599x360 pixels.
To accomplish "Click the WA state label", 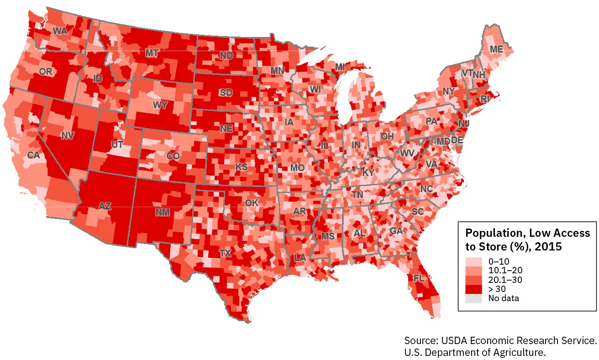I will (x=60, y=31).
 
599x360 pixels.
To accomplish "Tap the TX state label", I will (x=225, y=253).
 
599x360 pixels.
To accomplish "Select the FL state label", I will (x=419, y=278).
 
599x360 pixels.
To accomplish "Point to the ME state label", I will (x=496, y=49).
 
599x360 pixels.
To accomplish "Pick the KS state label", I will (x=241, y=167).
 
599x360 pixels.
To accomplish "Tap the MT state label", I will (x=152, y=53).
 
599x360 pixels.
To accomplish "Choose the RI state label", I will (x=485, y=98).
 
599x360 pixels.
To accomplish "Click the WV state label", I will (x=407, y=153).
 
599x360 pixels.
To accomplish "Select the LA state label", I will (x=300, y=257).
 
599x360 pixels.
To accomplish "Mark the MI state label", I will (x=340, y=67).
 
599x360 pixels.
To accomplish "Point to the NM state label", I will (x=162, y=212).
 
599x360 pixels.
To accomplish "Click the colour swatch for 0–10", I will (x=473, y=262).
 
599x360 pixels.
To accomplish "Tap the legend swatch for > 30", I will (x=473, y=289).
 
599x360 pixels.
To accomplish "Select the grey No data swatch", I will (x=473, y=298).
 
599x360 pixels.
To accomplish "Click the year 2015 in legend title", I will (x=547, y=246).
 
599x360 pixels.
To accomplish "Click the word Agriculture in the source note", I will (x=520, y=352).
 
